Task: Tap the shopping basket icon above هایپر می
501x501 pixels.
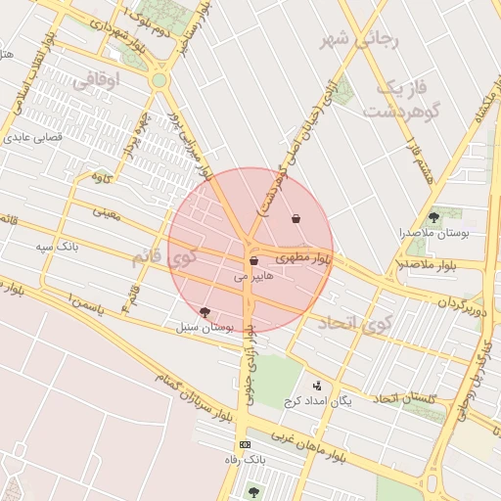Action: (x=253, y=261)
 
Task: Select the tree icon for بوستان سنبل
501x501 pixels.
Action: (x=205, y=311)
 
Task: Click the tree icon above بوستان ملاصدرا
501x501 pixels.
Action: (x=434, y=216)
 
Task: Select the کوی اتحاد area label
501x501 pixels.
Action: (x=362, y=322)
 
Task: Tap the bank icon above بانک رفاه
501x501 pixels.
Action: (x=245, y=443)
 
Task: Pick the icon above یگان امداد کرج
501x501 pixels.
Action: (x=316, y=386)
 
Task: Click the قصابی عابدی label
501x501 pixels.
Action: (x=34, y=138)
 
